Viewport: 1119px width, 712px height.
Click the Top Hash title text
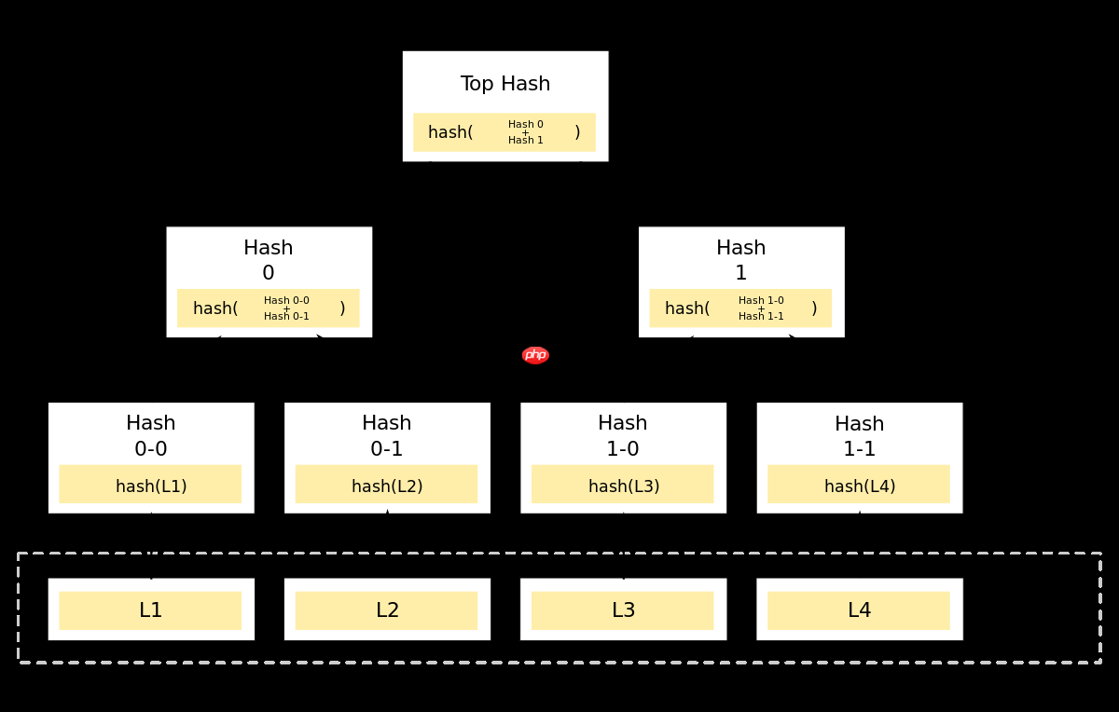click(x=505, y=84)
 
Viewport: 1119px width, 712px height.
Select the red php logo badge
click(x=535, y=355)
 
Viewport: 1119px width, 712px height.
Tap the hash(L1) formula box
click(x=150, y=485)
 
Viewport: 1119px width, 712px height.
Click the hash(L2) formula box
click(x=386, y=485)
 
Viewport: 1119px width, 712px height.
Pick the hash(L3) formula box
click(x=623, y=485)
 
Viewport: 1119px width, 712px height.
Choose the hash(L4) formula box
click(x=859, y=485)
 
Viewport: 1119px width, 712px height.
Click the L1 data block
click(x=150, y=610)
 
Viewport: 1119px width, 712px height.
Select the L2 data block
click(x=386, y=610)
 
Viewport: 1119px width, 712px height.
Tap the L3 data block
click(x=623, y=610)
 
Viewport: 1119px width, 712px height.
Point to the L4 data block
click(x=859, y=610)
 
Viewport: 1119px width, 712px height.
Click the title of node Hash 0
click(x=269, y=260)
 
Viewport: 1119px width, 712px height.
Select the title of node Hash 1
click(x=741, y=260)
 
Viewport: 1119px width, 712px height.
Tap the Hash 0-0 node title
click(x=151, y=436)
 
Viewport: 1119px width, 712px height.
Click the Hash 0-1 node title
click(x=387, y=436)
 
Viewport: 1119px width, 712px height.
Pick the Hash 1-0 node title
click(x=623, y=436)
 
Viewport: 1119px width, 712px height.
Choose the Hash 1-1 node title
click(x=859, y=436)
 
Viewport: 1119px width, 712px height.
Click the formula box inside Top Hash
click(x=504, y=132)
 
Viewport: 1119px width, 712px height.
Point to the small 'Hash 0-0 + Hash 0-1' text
click(x=286, y=308)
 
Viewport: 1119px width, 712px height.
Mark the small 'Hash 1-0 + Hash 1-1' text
click(x=761, y=308)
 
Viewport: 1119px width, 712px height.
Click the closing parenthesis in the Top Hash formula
click(x=577, y=132)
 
